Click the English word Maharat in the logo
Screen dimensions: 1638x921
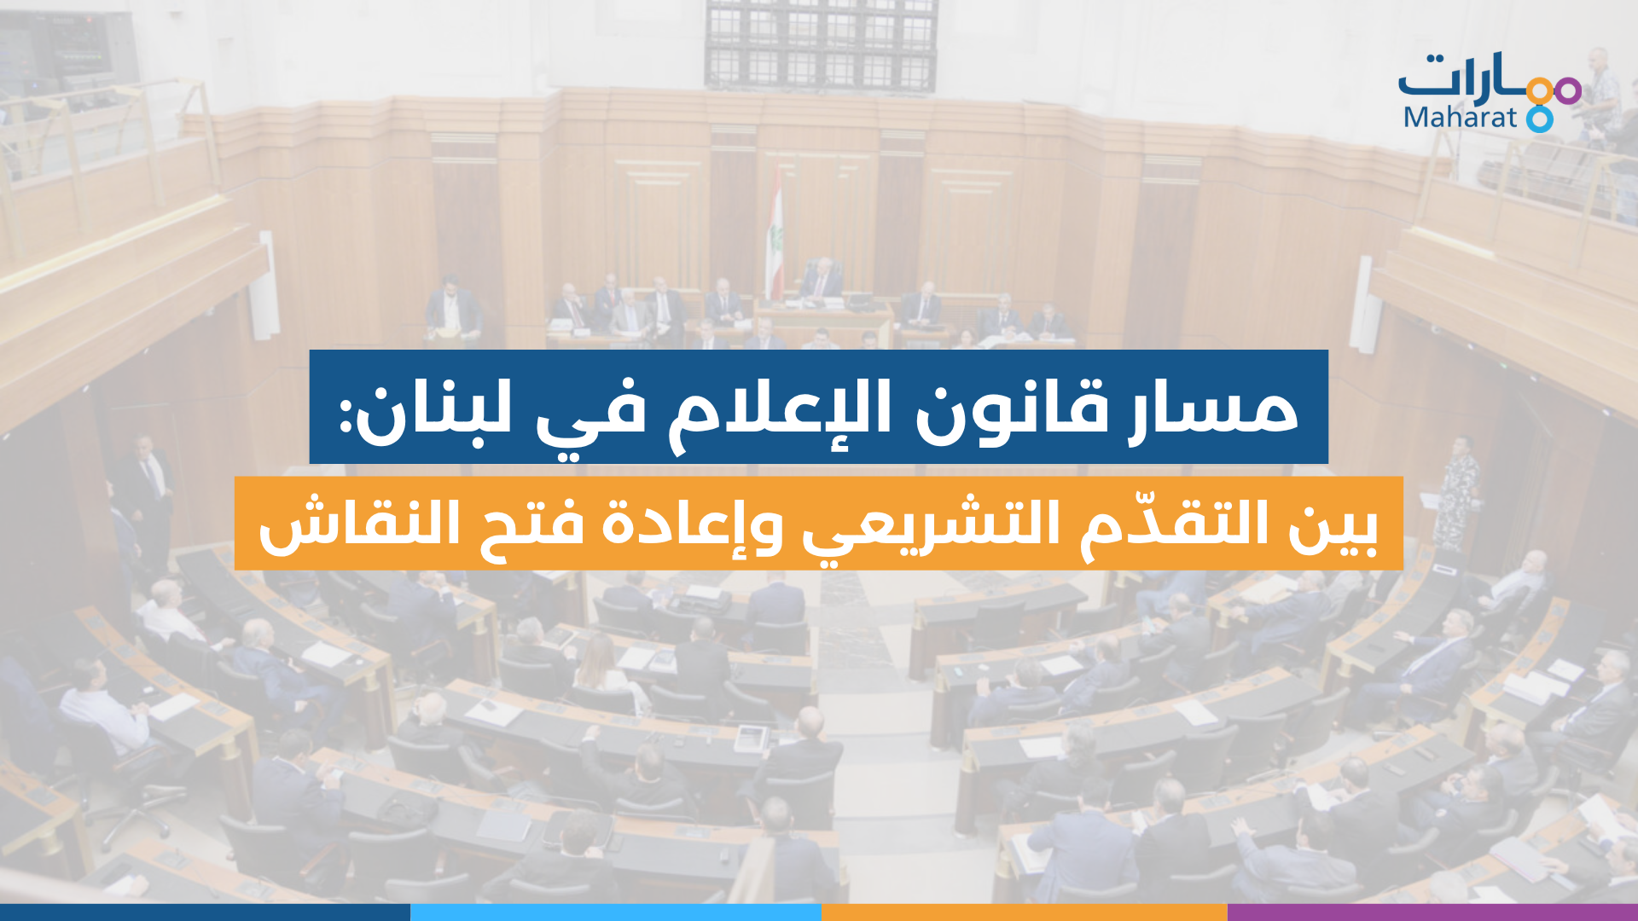point(1460,117)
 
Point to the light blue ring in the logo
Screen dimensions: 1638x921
point(1540,119)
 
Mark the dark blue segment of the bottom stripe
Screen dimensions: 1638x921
point(205,912)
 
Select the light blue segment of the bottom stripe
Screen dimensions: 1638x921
point(616,912)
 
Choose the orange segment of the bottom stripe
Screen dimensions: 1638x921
point(1025,912)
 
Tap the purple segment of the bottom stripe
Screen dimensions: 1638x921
point(1432,912)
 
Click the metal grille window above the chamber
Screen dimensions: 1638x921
point(821,44)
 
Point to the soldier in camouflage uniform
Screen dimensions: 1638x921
point(1457,490)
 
